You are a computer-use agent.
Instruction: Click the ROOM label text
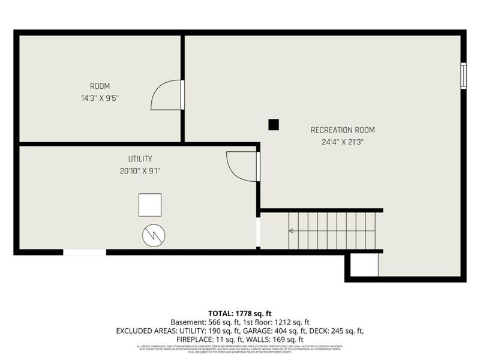coord(100,86)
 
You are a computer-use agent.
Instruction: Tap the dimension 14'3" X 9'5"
coord(100,98)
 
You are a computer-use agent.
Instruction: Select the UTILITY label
coord(140,159)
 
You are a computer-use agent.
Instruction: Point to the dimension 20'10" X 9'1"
coord(140,171)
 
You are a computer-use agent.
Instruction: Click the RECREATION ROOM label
coord(343,130)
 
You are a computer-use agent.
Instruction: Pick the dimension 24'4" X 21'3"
coord(343,143)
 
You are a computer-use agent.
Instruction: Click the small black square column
coord(274,124)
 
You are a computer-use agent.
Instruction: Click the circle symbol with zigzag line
coord(154,235)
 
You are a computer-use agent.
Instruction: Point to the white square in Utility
coord(150,205)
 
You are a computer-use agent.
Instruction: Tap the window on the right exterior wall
coord(463,76)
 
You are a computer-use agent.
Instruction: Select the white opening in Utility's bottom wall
coord(85,253)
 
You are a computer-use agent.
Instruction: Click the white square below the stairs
coord(364,265)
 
